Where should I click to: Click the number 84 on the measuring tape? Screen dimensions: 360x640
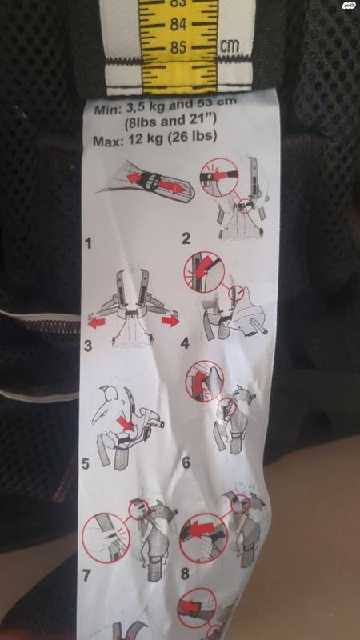pyautogui.click(x=178, y=25)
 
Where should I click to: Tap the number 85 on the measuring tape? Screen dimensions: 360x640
pyautogui.click(x=178, y=48)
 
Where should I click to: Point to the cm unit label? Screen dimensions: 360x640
pyautogui.click(x=230, y=46)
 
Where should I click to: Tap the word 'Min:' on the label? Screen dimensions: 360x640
pyautogui.click(x=108, y=110)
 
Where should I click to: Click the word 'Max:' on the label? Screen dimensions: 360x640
pyautogui.click(x=108, y=142)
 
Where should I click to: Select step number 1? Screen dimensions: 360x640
pyautogui.click(x=87, y=244)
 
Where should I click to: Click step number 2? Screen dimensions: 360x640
pyautogui.click(x=186, y=238)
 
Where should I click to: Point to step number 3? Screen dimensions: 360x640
pyautogui.click(x=88, y=346)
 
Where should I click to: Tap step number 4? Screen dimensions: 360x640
pyautogui.click(x=185, y=344)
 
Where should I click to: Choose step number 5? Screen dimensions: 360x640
pyautogui.click(x=86, y=464)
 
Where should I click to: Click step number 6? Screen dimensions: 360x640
pyautogui.click(x=186, y=462)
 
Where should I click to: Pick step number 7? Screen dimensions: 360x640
pyautogui.click(x=86, y=574)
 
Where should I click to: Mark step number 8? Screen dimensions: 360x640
pyautogui.click(x=185, y=574)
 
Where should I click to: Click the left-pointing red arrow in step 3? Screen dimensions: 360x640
pyautogui.click(x=97, y=323)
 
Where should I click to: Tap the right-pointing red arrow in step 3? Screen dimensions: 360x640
pyautogui.click(x=170, y=321)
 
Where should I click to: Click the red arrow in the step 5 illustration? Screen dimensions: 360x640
pyautogui.click(x=126, y=423)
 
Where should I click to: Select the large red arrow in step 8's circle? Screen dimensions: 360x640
pyautogui.click(x=202, y=530)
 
